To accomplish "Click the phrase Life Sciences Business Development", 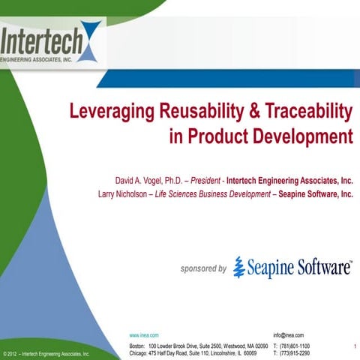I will tap(217, 193).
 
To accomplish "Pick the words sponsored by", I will tap(203, 268).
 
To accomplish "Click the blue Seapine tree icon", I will tap(239, 267).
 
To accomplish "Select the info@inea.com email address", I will tap(289, 334).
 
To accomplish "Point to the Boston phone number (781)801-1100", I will tap(297, 345).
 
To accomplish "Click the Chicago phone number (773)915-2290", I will tap(297, 352).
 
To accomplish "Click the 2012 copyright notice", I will tap(46, 353).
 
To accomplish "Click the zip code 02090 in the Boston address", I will tap(259, 345).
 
